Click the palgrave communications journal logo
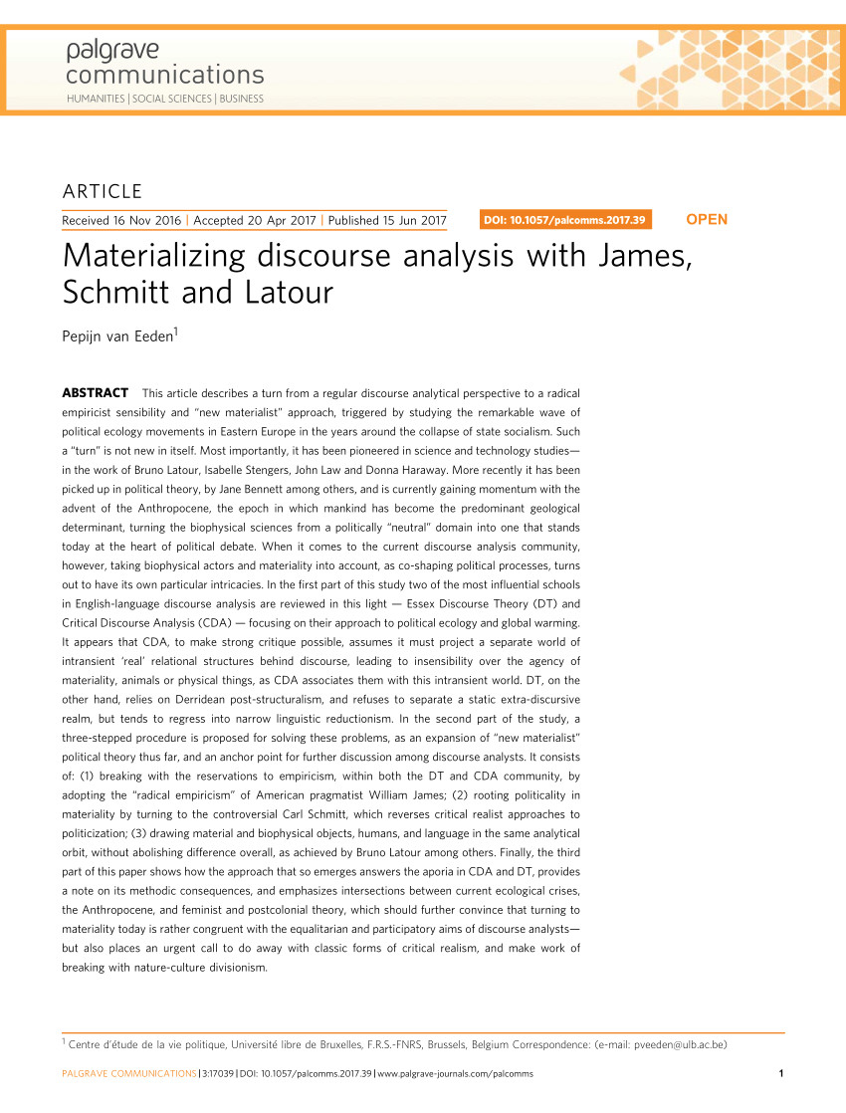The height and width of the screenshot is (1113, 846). tap(164, 63)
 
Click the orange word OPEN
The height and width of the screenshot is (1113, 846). tap(707, 219)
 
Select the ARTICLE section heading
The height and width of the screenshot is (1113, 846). tap(103, 192)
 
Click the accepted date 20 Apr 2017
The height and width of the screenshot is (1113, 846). tap(283, 220)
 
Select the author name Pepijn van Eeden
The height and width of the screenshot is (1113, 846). tap(118, 337)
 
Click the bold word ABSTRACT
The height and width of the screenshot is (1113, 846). tap(96, 392)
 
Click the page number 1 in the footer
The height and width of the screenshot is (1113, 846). tap(781, 1073)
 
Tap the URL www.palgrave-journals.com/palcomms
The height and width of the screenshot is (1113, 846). tap(457, 1073)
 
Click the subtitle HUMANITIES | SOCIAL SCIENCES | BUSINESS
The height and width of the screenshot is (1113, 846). tap(165, 99)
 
